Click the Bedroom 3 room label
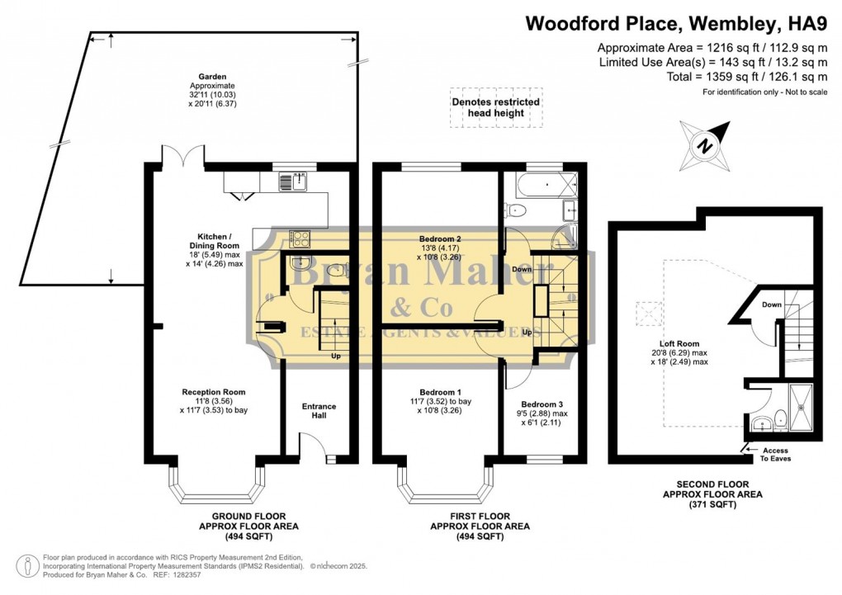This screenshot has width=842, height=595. point(542,404)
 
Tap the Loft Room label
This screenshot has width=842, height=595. point(679,343)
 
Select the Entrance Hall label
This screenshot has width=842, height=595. point(319,411)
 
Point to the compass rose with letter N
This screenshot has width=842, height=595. point(705,145)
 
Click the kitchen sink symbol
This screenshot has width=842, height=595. point(293,182)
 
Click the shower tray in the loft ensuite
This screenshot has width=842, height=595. point(803,408)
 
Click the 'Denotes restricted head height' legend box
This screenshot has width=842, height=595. point(495,107)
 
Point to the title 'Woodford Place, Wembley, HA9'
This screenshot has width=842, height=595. point(676,24)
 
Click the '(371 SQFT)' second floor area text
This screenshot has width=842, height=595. point(712,505)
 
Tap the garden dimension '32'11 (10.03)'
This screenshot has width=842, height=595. point(212,95)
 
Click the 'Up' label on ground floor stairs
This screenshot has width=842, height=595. point(336,356)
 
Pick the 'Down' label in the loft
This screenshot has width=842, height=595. point(772,305)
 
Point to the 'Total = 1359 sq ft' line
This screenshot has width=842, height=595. point(747,77)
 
